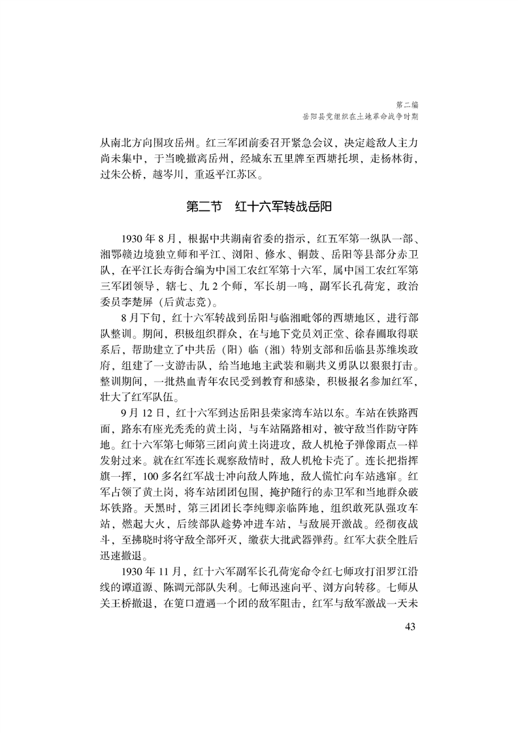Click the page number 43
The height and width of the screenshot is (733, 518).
pos(410,628)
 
